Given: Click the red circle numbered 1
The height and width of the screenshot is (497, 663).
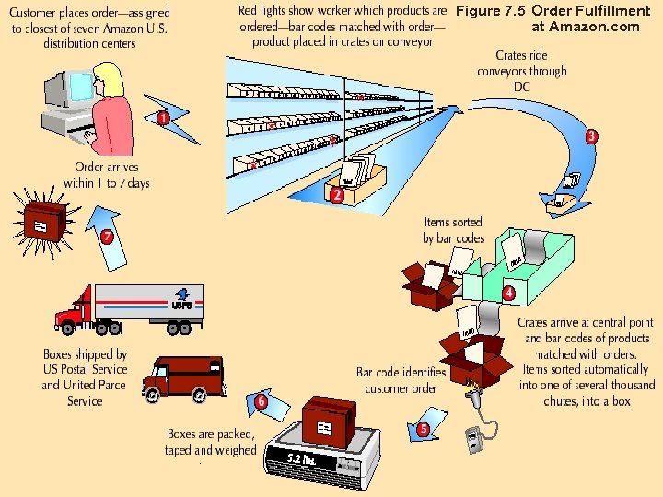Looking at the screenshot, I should [x=162, y=119].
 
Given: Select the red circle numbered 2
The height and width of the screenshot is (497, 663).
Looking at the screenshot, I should [x=337, y=195].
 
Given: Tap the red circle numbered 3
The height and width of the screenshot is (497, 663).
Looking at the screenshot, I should [x=592, y=136].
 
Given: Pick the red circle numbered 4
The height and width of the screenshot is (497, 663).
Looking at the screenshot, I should [x=508, y=294].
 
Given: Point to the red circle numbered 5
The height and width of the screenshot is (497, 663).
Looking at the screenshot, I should [x=423, y=429].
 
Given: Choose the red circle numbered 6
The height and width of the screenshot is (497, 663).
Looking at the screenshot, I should [x=262, y=401].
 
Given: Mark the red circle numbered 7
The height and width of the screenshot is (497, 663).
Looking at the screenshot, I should [x=108, y=237].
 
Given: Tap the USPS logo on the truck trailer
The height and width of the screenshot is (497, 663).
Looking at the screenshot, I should [x=181, y=303].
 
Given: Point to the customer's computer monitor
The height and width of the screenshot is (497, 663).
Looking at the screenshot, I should [x=58, y=92].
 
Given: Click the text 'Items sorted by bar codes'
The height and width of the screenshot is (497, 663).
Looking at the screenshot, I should [x=453, y=231].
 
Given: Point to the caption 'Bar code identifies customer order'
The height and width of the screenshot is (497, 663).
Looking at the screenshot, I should [x=401, y=380].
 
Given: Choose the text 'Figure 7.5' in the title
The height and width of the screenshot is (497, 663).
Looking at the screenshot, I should [x=491, y=11].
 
